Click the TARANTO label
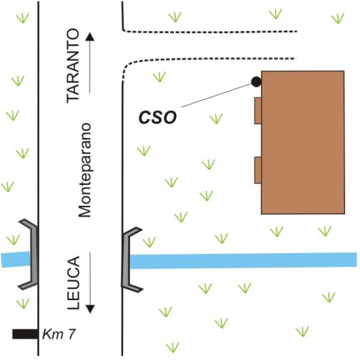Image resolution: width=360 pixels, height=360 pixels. (73, 66)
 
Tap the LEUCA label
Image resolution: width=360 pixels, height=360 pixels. (73, 283)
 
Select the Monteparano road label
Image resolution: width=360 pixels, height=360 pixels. (85, 170)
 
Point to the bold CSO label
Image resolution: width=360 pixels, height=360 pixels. (158, 118)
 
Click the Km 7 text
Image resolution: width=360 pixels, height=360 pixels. (59, 334)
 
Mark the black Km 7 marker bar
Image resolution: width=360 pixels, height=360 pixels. (25, 334)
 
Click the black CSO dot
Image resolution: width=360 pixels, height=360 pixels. (256, 82)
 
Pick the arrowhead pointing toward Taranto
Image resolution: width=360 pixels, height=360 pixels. (90, 37)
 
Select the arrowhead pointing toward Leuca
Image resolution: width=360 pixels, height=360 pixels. (90, 309)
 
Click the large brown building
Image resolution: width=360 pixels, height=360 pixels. (303, 142)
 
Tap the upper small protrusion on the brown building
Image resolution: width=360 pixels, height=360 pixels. (258, 110)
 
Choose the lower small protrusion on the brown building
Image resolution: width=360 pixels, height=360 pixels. (258, 170)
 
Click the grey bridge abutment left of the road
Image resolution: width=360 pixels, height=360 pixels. (33, 254)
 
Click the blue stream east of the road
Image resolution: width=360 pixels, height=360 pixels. (244, 260)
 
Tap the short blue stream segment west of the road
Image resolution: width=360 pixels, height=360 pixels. (16, 259)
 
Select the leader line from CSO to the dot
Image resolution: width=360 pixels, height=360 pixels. (217, 95)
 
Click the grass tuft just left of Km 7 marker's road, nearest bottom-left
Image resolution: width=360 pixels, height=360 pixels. (23, 304)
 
